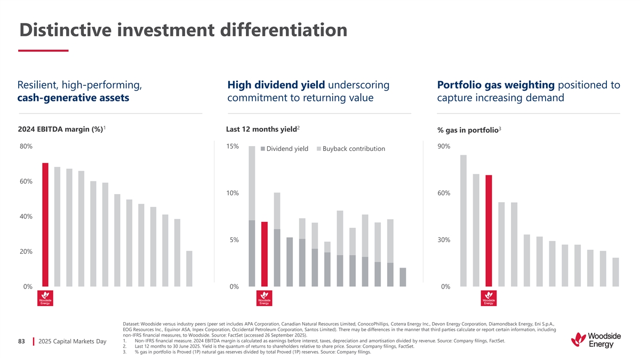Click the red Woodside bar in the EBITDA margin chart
45,225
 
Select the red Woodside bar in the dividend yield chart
264,254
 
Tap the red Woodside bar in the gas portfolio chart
489,230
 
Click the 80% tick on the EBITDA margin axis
26,147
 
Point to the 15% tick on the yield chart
233,146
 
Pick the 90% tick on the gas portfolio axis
444,147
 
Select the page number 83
22,341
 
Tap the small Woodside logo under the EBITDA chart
45,298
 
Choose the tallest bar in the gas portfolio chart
463,220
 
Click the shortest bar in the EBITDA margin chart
189,268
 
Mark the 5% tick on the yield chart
234,240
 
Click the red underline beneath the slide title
43,51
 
